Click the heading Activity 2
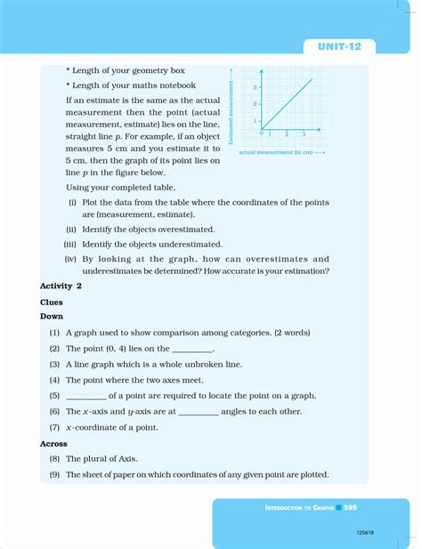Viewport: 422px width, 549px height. pos(61,287)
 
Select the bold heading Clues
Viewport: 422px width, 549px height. pos(52,302)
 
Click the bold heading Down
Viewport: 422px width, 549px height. pos(52,316)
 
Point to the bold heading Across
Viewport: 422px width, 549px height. pos(54,443)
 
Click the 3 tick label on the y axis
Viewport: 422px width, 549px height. pos(255,87)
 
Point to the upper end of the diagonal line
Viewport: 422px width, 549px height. pos(312,79)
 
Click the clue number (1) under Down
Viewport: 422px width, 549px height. pos(55,332)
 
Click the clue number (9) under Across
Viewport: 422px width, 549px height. pos(55,474)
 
